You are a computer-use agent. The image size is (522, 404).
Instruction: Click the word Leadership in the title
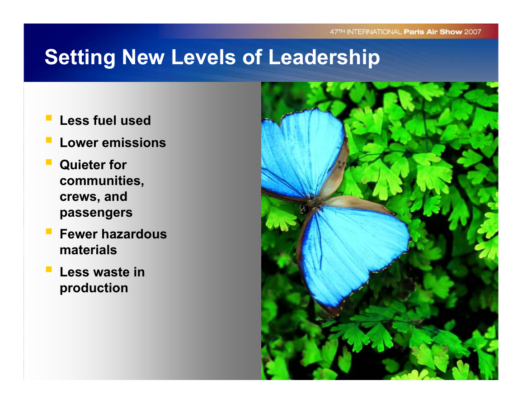324,57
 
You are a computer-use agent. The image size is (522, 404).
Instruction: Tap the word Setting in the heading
80,57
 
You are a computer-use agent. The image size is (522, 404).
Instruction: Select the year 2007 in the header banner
473,32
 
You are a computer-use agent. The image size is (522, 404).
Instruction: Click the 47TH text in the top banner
337,32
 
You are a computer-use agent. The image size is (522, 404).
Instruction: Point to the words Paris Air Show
433,32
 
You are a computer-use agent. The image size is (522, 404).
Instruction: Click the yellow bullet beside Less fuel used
49,118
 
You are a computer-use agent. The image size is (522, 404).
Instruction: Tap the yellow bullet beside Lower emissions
49,140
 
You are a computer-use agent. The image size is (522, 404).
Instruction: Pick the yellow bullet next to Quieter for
49,162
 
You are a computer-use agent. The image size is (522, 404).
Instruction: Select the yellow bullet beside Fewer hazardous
49,231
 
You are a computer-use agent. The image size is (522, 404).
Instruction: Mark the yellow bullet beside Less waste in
49,269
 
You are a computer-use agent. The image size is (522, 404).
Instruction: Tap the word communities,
102,181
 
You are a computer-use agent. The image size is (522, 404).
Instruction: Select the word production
94,288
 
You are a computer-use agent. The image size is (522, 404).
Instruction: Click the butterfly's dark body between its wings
311,203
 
